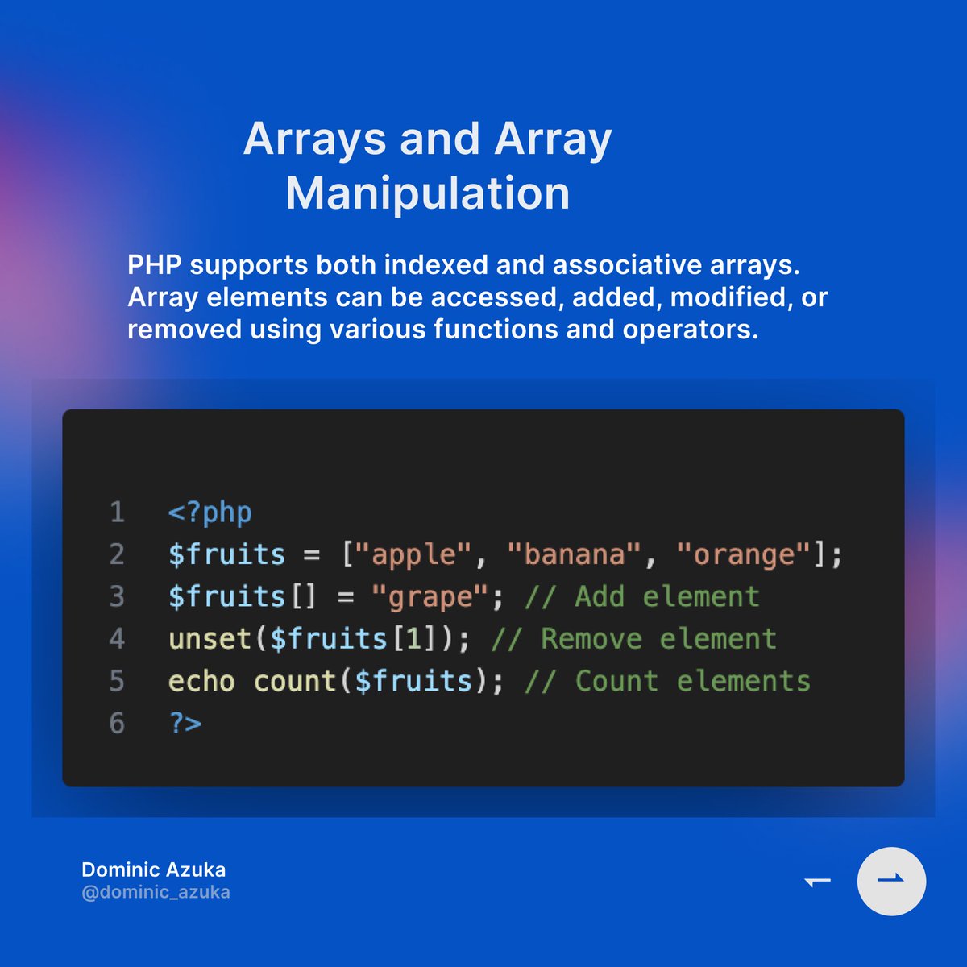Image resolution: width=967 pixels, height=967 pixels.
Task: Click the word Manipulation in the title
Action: pyautogui.click(x=428, y=193)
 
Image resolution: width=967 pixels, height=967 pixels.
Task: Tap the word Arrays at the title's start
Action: pyautogui.click(x=315, y=139)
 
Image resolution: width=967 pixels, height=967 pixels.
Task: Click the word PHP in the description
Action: pyautogui.click(x=154, y=264)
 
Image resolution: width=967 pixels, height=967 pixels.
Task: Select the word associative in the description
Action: pyautogui.click(x=632, y=264)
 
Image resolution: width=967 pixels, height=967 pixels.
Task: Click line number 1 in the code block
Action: pyautogui.click(x=117, y=513)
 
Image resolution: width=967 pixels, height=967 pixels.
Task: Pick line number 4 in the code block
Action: pyautogui.click(x=117, y=639)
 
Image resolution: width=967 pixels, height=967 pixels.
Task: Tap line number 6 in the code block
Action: pyautogui.click(x=117, y=723)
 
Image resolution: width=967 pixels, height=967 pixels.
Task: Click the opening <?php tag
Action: pyautogui.click(x=210, y=513)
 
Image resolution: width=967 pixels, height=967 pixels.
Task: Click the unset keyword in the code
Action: pyautogui.click(x=210, y=639)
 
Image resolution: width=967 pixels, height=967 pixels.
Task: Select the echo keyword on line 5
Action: pyautogui.click(x=201, y=681)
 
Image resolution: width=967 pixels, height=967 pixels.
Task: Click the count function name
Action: pyautogui.click(x=295, y=681)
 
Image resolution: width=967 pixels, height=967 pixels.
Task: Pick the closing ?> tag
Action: pyautogui.click(x=185, y=723)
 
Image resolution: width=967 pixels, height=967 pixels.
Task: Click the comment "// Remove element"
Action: pyautogui.click(x=633, y=639)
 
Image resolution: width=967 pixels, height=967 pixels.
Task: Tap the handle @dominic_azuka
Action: pyautogui.click(x=156, y=892)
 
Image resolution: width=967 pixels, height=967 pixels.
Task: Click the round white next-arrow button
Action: pyautogui.click(x=891, y=881)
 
